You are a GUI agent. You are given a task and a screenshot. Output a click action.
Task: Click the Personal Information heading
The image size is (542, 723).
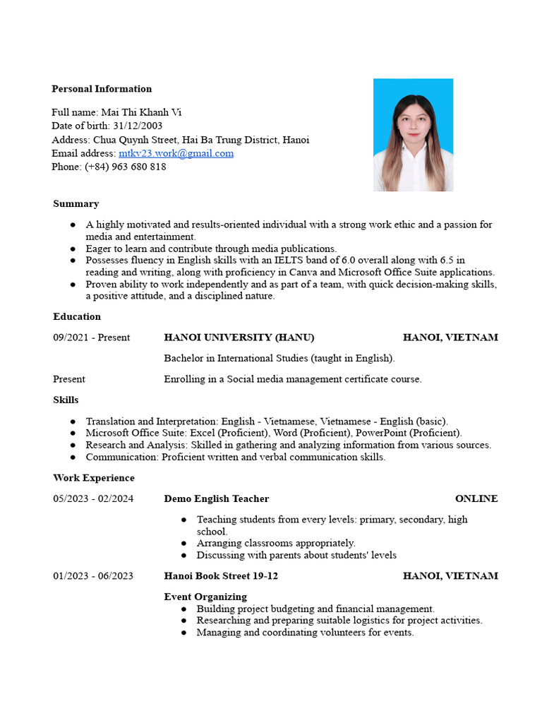[x=102, y=89]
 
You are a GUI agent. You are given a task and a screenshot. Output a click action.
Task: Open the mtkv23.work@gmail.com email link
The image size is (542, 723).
[x=176, y=153]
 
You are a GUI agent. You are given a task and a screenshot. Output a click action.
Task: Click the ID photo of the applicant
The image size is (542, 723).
[x=413, y=135]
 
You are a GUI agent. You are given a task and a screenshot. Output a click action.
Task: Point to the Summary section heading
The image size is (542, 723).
[x=76, y=204]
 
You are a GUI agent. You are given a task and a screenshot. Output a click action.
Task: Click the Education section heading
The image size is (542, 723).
[x=77, y=317]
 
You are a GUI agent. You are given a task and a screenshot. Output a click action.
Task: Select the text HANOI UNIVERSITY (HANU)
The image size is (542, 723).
[x=239, y=337]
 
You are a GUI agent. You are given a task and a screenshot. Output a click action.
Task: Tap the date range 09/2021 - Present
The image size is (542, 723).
[x=91, y=337]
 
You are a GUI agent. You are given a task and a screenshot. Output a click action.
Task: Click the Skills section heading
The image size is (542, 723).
[x=66, y=400]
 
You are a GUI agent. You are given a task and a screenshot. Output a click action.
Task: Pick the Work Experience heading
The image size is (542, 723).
[x=93, y=478]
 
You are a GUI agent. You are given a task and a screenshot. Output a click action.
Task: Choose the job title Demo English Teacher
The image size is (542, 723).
[x=216, y=499]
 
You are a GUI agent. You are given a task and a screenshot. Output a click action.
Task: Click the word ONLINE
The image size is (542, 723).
[x=476, y=499]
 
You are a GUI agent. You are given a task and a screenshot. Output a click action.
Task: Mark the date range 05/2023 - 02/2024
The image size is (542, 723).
[x=93, y=499]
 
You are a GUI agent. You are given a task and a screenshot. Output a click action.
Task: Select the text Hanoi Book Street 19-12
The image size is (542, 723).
[x=221, y=576]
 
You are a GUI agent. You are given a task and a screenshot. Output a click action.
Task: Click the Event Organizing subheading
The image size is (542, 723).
[x=205, y=597]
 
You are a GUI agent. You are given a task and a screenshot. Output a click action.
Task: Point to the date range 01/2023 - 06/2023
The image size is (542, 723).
[x=93, y=576]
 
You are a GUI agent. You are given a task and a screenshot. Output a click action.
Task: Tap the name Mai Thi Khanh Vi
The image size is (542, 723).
[x=142, y=112]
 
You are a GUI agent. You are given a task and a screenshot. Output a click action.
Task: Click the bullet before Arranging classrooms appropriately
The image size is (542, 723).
[x=184, y=544]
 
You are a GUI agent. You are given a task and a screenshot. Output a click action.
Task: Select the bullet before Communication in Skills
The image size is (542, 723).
[x=73, y=458]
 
